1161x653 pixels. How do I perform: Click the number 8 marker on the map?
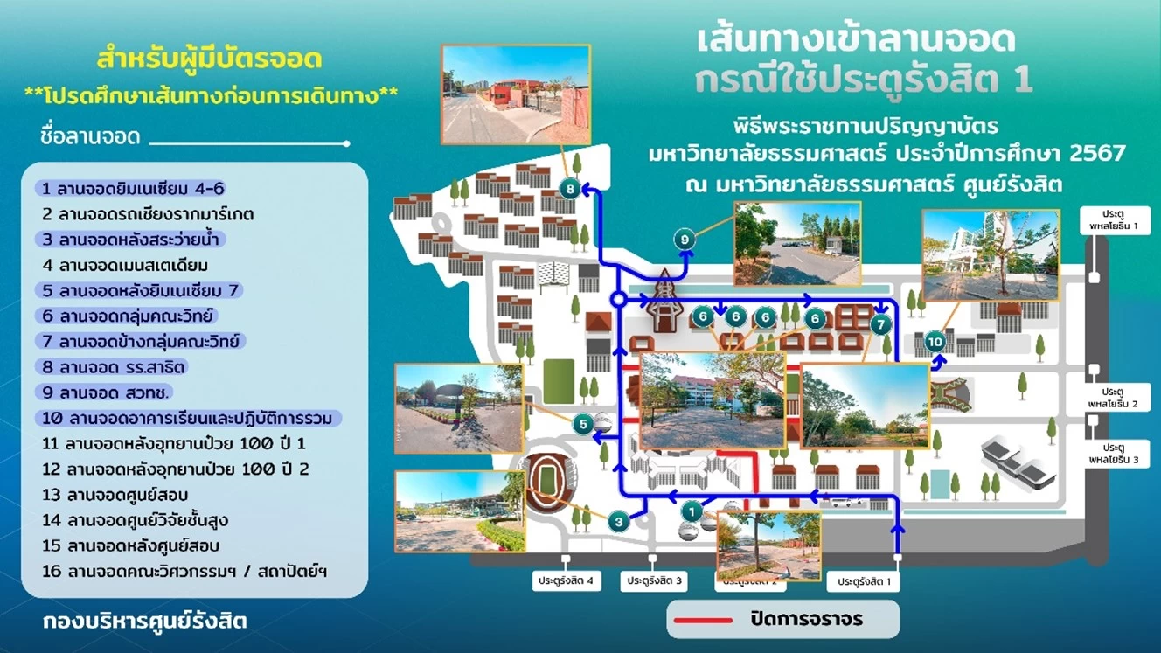click(569, 188)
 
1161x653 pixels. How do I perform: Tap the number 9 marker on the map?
click(685, 238)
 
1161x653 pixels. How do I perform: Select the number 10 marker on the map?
click(935, 341)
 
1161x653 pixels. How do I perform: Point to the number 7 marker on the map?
click(880, 324)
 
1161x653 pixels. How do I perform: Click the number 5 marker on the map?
click(583, 425)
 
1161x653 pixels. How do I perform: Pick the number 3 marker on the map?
click(618, 523)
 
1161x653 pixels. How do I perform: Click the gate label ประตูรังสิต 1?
click(864, 580)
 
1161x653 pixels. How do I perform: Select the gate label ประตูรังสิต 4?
click(567, 580)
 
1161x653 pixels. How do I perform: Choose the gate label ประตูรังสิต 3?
click(655, 580)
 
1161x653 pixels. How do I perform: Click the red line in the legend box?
click(703, 621)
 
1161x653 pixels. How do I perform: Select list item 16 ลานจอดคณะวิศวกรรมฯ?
click(184, 572)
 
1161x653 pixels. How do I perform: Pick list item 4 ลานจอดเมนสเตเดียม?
click(125, 265)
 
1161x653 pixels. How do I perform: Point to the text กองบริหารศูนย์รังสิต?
click(144, 622)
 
